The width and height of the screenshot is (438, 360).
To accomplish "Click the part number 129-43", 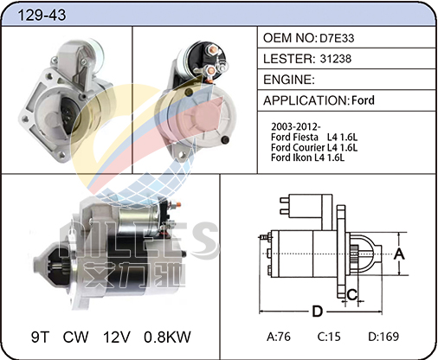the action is (42, 15).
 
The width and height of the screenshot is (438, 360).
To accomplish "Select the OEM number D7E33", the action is (337, 38).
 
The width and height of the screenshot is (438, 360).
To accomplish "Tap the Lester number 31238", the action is (336, 59).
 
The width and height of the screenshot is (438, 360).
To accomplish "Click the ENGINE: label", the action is (289, 80).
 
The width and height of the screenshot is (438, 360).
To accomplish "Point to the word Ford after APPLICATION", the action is (363, 100).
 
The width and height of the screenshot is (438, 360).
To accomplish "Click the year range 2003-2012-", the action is (296, 126).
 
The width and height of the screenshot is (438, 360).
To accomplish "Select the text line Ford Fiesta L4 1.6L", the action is (314, 137).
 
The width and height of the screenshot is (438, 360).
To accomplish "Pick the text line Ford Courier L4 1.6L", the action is (314, 147).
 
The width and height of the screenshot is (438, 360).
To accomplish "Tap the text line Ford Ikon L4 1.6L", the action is (307, 157).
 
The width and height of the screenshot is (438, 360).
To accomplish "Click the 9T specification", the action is (40, 337).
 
